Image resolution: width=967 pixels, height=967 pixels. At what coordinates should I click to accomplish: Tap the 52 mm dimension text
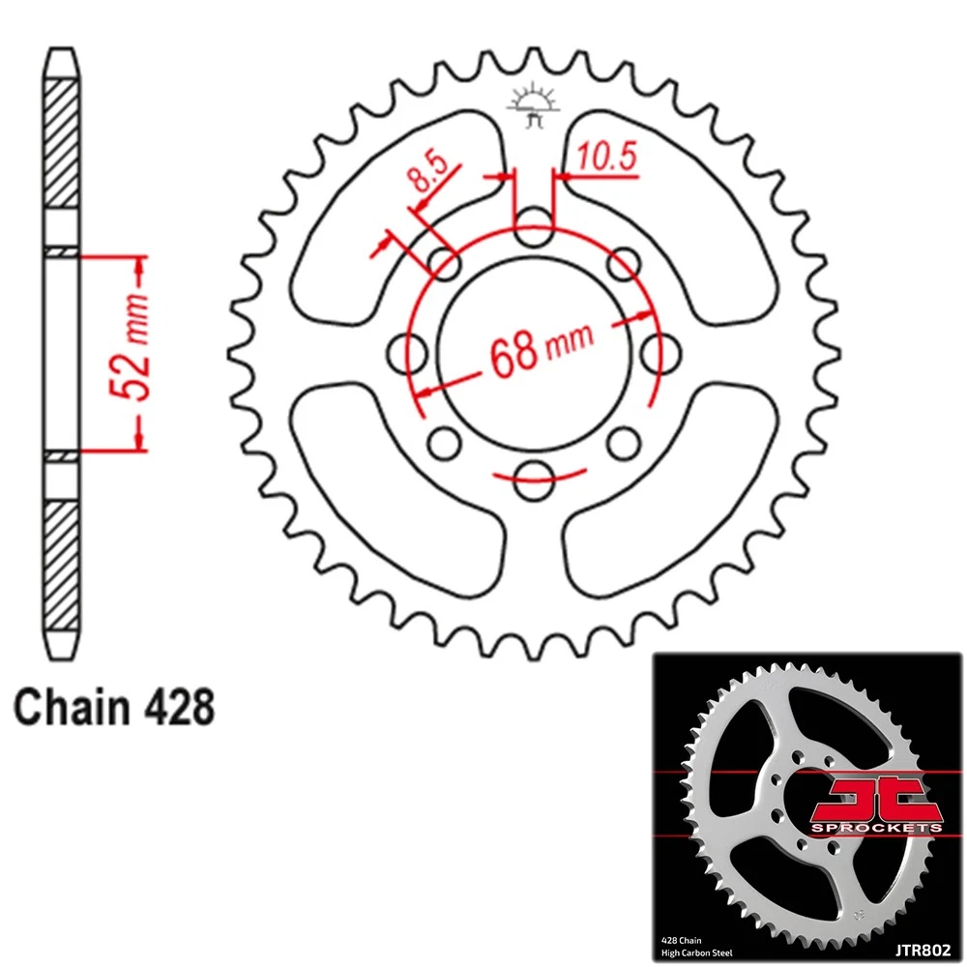(x=132, y=349)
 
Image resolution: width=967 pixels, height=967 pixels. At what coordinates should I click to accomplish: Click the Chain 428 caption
(x=114, y=707)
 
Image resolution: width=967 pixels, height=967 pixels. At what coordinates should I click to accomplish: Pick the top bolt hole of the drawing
(x=534, y=226)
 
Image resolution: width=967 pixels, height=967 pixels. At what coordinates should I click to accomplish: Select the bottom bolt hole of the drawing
(x=534, y=481)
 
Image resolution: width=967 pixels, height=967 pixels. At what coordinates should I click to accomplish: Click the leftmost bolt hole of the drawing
(x=408, y=353)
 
